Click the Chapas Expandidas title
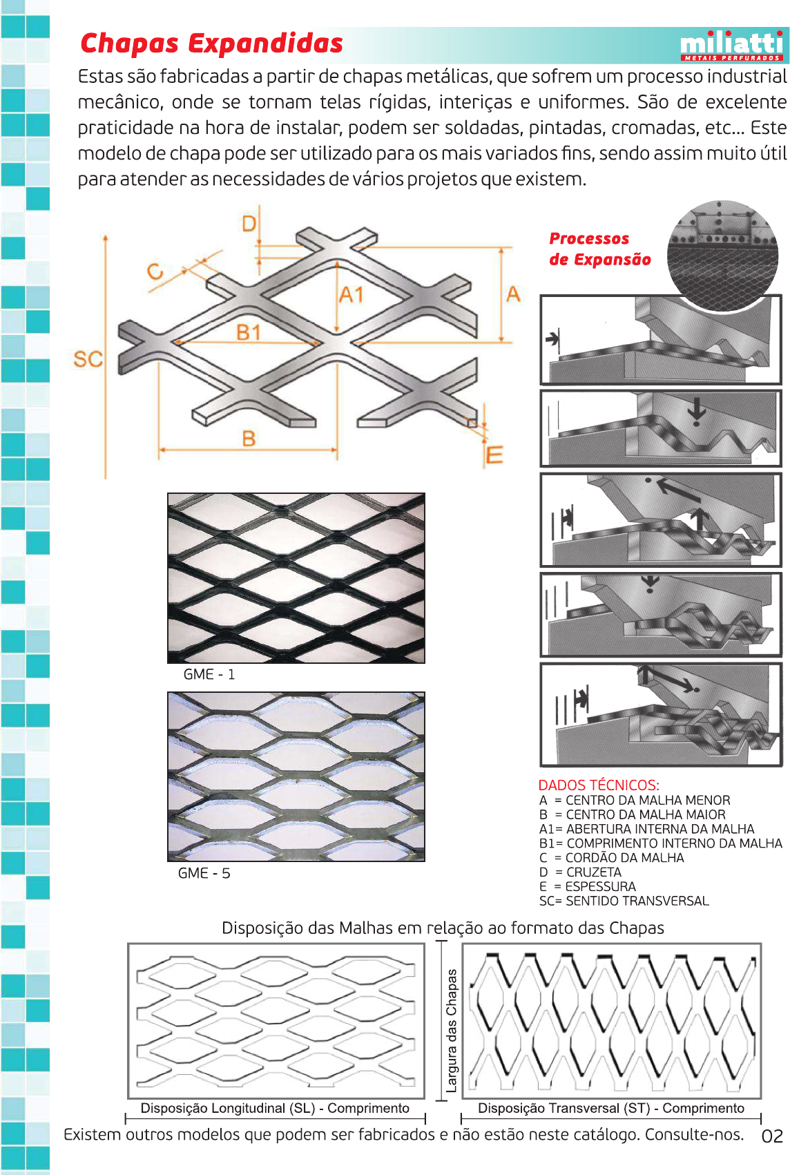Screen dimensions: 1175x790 [x=211, y=44]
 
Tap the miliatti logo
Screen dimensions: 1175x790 [x=731, y=46]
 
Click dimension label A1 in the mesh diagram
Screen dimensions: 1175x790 [x=351, y=296]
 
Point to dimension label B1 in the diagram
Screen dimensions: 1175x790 [x=249, y=332]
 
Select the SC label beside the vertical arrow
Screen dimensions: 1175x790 [x=88, y=359]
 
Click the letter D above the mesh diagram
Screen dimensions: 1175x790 [x=249, y=223]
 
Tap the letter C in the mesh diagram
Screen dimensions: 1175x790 [x=155, y=271]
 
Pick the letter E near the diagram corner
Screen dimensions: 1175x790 [x=494, y=455]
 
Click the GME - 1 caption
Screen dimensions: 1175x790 [x=209, y=674]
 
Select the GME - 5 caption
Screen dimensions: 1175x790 [x=204, y=873]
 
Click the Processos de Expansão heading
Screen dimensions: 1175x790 [x=599, y=249]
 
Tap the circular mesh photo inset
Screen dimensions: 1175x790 [x=722, y=256]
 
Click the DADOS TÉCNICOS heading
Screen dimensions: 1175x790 [x=599, y=785]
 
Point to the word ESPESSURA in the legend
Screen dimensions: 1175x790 [x=600, y=886]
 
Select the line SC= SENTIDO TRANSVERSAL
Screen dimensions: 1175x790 [x=624, y=901]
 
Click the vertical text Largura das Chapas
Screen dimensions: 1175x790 [x=452, y=1030]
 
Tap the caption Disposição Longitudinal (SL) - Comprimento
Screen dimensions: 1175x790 [x=275, y=1108]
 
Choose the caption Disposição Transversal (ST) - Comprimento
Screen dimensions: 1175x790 [x=610, y=1108]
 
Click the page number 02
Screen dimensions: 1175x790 [x=772, y=1136]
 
